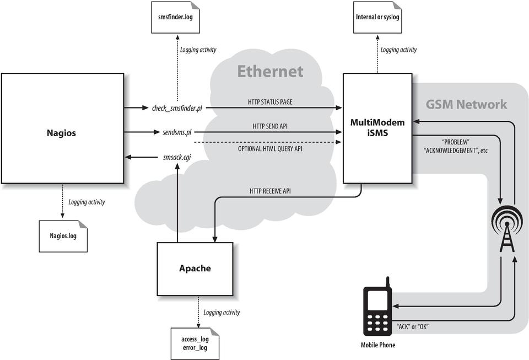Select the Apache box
coord(195,268)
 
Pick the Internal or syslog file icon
coord(377,17)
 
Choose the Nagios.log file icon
coord(63,235)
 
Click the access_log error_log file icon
coord(195,343)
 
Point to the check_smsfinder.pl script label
coord(177,108)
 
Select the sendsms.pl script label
coord(177,133)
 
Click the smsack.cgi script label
coord(177,157)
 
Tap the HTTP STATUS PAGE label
coord(270,102)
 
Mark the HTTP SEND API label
coord(270,126)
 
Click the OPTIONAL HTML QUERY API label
coord(270,149)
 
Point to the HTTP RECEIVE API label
coord(270,191)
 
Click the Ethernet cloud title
coord(270,71)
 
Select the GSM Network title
coord(466,104)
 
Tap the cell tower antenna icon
coord(506,228)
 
